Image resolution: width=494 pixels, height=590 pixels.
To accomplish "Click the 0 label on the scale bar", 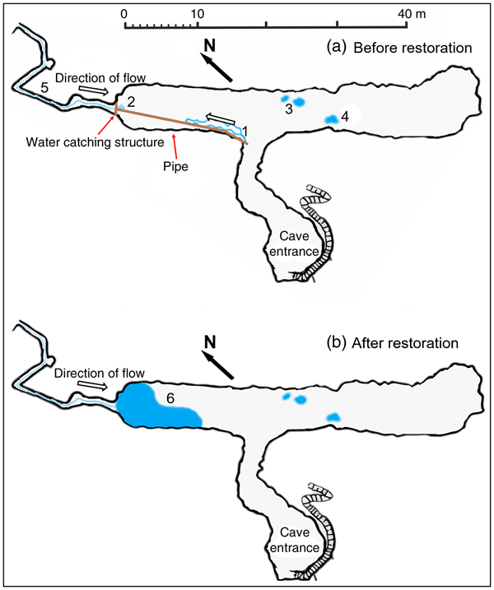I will tap(123, 13).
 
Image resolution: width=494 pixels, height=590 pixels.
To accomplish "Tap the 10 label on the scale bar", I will tap(196, 13).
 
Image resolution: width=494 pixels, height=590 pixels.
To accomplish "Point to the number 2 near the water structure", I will tap(129, 100).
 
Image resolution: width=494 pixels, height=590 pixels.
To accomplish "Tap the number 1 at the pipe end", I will tap(244, 130).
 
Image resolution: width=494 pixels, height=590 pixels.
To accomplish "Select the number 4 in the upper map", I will tap(345, 118).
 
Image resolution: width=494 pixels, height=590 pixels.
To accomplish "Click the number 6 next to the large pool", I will tap(170, 397).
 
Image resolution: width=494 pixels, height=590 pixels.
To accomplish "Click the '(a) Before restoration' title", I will tap(400, 49).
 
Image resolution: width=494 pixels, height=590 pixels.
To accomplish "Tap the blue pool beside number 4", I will tap(331, 120).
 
